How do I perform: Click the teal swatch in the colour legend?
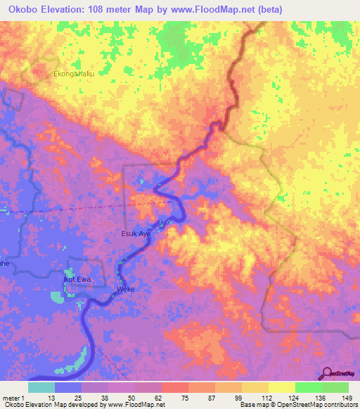point(41,387)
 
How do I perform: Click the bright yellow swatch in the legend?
point(281,387)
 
